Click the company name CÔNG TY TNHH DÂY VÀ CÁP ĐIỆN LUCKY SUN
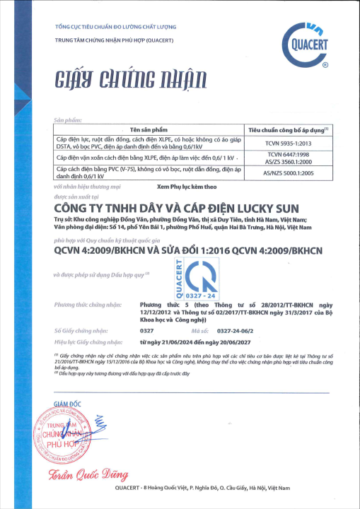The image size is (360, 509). click(177, 209)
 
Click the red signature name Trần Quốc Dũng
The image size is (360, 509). click(83, 475)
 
